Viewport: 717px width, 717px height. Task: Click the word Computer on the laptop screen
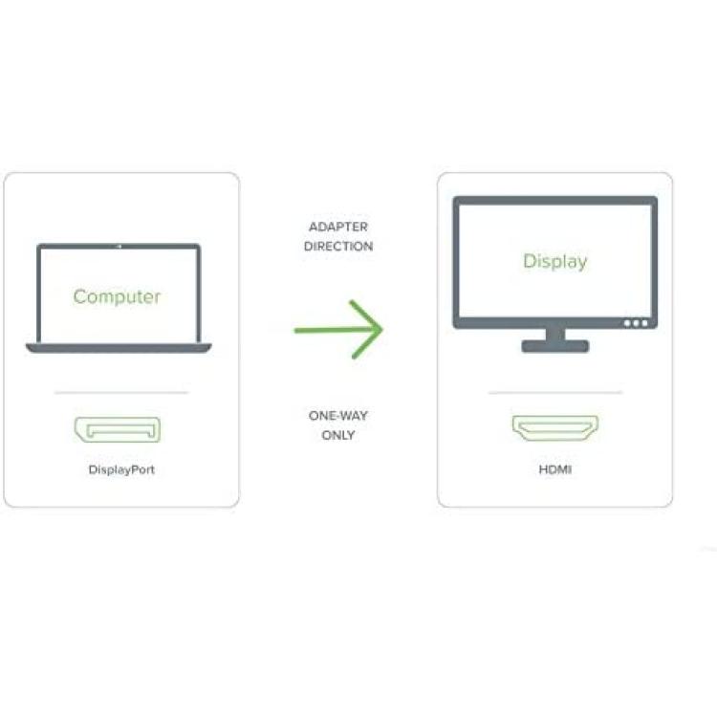pyautogui.click(x=117, y=297)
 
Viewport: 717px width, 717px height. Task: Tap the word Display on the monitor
pyautogui.click(x=555, y=262)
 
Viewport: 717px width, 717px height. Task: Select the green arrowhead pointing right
pyautogui.click(x=367, y=329)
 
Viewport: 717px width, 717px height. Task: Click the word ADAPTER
pyautogui.click(x=338, y=227)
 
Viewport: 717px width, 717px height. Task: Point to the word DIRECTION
pyautogui.click(x=338, y=247)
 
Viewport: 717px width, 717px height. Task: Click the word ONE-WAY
pyautogui.click(x=338, y=416)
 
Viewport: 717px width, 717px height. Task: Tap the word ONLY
pyautogui.click(x=338, y=435)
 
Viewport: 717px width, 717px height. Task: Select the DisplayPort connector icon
pyautogui.click(x=118, y=429)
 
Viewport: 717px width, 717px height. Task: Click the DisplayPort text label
pyautogui.click(x=121, y=469)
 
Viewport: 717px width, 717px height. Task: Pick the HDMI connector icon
pyautogui.click(x=555, y=428)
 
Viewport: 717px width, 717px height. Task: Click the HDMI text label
pyautogui.click(x=555, y=469)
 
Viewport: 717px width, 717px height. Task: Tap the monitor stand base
pyautogui.click(x=555, y=346)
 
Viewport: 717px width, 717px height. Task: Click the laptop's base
pyautogui.click(x=119, y=348)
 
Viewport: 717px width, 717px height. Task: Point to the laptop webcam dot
pyautogui.click(x=119, y=247)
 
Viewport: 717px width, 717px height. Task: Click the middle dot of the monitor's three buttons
pyautogui.click(x=636, y=323)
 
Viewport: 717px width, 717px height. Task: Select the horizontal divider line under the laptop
pyautogui.click(x=121, y=392)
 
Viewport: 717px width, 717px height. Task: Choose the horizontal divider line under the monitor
pyautogui.click(x=555, y=392)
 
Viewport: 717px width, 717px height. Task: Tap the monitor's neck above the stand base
pyautogui.click(x=555, y=335)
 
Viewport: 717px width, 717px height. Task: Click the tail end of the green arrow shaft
pyautogui.click(x=295, y=330)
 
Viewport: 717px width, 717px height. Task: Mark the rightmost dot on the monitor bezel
pyautogui.click(x=644, y=323)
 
